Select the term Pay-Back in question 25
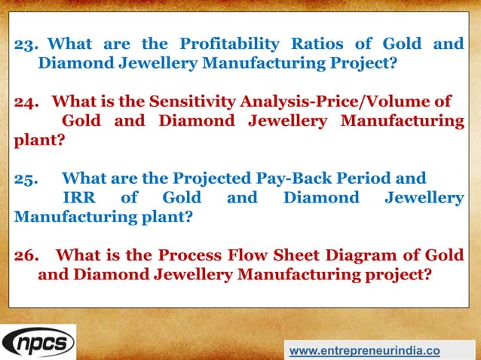pyautogui.click(x=291, y=178)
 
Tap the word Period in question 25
pyautogui.click(x=366, y=178)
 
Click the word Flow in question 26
pyautogui.click(x=245, y=255)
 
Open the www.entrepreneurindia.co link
pyautogui.click(x=365, y=351)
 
